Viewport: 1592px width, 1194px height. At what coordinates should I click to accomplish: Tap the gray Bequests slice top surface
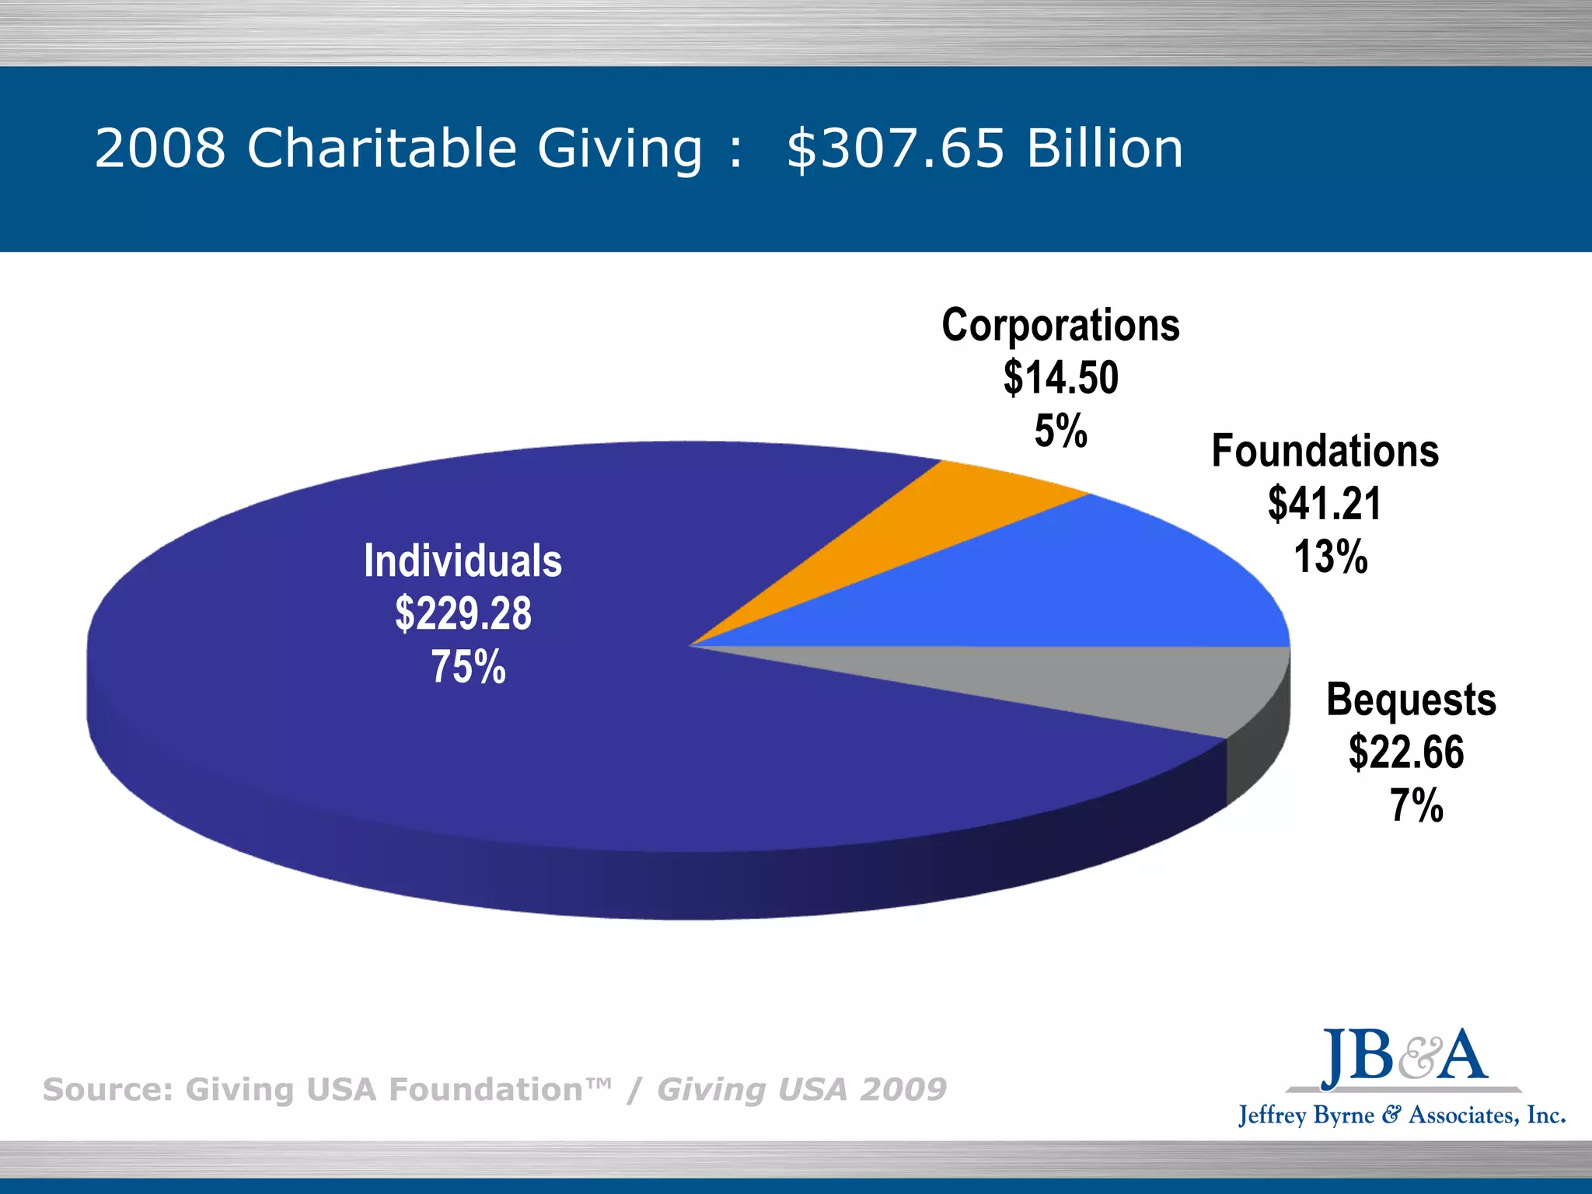coord(1127,684)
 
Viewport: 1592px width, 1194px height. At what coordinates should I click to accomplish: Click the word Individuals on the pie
coord(463,561)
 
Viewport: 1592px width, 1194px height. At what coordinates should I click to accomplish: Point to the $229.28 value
coord(463,613)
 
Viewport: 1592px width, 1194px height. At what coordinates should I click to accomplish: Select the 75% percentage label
coord(468,667)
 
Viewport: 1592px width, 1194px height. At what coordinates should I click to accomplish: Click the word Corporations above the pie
coord(1060,325)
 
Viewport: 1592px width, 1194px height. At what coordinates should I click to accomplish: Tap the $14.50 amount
coord(1060,378)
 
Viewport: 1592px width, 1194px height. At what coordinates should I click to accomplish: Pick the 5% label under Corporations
coord(1060,431)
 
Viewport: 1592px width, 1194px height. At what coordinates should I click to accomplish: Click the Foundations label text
coord(1325,451)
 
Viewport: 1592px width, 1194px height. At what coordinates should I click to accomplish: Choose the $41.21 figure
coord(1325,504)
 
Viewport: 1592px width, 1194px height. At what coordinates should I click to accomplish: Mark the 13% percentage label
coord(1330,557)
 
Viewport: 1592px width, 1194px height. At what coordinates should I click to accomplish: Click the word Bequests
coord(1411,700)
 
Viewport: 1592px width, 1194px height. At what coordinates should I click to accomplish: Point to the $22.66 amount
coord(1406,752)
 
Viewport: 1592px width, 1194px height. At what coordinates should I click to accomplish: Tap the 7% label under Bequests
coord(1416,805)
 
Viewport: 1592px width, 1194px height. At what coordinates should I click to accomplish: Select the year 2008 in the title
coord(160,148)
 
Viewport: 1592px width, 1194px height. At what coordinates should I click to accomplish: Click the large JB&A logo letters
coord(1404,1057)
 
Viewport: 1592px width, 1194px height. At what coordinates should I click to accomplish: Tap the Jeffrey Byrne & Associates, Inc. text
coord(1402,1115)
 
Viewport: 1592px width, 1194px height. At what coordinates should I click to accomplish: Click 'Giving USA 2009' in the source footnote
coord(801,1090)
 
